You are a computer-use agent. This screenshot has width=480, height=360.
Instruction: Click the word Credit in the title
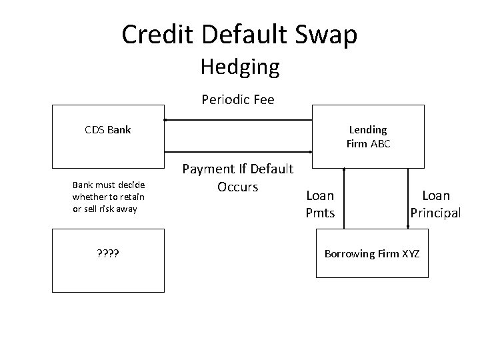[155, 34]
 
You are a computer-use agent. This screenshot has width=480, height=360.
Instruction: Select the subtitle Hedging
[239, 67]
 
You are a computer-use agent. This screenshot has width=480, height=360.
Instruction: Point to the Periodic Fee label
[238, 100]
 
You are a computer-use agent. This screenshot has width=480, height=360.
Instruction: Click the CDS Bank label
[108, 129]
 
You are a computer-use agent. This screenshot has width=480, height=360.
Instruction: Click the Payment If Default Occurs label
[238, 178]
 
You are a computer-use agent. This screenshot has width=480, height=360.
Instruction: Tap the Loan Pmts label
[320, 203]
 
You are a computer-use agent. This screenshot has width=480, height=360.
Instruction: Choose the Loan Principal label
[435, 203]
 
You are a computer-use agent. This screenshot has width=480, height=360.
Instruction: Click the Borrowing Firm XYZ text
[371, 253]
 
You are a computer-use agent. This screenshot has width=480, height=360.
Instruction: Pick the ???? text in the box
[108, 253]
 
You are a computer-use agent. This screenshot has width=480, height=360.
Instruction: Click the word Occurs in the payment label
[238, 187]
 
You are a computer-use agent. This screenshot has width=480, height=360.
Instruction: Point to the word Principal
[435, 213]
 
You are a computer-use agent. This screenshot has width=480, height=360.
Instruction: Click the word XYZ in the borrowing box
[409, 253]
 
